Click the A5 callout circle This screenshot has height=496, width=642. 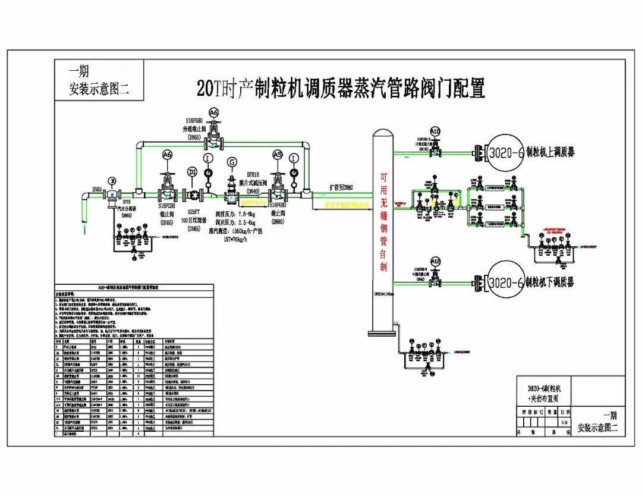[277, 154]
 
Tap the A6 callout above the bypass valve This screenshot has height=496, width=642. [214, 112]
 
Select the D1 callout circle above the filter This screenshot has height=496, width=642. [192, 172]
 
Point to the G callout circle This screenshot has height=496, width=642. [231, 162]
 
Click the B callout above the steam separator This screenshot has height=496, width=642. [111, 181]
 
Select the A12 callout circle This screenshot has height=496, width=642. [436, 261]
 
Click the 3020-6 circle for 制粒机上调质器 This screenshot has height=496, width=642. [505, 153]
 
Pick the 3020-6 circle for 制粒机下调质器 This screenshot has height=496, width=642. [505, 282]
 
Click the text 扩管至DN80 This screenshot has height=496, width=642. [341, 187]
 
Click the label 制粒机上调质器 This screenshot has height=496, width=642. [550, 153]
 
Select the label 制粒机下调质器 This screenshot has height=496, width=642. [550, 282]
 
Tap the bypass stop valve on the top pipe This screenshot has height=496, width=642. [214, 139]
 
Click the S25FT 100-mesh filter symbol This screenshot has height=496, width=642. [193, 194]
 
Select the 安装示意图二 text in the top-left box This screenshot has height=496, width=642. [99, 90]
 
